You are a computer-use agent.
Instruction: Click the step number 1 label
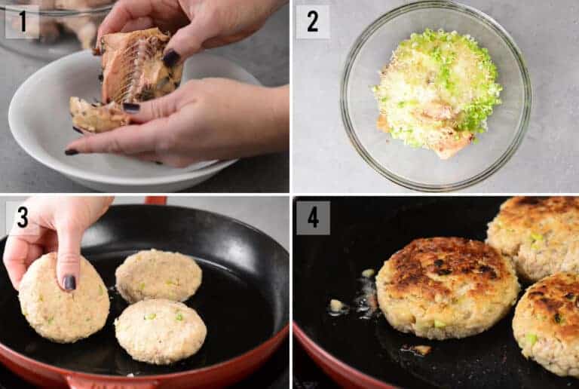(22, 21)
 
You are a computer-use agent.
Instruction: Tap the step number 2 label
(312, 21)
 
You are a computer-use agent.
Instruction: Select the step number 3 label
(22, 217)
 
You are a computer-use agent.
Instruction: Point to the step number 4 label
(312, 217)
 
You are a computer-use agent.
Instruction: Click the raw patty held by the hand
(63, 299)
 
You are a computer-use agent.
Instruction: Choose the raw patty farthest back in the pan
(158, 275)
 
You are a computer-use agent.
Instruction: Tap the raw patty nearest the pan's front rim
(160, 330)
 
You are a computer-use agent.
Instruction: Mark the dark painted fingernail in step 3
(69, 282)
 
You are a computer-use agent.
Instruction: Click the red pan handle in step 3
(155, 201)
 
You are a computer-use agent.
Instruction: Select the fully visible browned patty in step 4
(446, 286)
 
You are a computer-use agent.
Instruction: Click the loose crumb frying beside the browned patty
(336, 305)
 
